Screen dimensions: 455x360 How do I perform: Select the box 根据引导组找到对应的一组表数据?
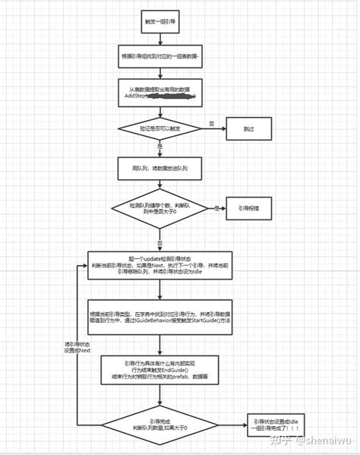pos(160,57)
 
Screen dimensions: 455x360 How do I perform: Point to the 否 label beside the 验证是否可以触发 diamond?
pos(211,123)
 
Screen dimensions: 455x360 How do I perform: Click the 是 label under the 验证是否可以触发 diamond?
pos(160,147)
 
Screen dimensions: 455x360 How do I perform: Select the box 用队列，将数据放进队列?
pos(160,169)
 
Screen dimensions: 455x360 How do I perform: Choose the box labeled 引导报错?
pos(248,207)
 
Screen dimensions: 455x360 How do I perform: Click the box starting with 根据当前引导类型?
pos(160,318)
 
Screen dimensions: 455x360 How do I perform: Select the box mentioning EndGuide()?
pos(160,370)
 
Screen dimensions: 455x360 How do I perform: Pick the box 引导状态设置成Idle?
pos(276,424)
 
